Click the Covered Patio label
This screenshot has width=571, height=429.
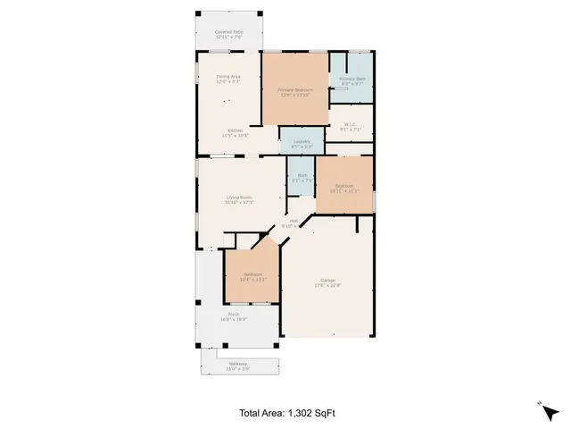coord(229,32)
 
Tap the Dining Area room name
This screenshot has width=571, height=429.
coord(228,77)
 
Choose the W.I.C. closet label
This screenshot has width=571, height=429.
coord(349,124)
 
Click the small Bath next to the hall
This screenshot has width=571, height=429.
coord(302,175)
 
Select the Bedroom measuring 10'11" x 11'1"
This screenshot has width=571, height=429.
coord(343,188)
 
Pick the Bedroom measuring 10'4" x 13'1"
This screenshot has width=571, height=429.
coord(252,276)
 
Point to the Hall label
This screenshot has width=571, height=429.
coord(294,222)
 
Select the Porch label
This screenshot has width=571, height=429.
coord(233,315)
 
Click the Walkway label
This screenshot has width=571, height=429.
coord(237,363)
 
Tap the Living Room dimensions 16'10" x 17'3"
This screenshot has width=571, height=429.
coord(238,203)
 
